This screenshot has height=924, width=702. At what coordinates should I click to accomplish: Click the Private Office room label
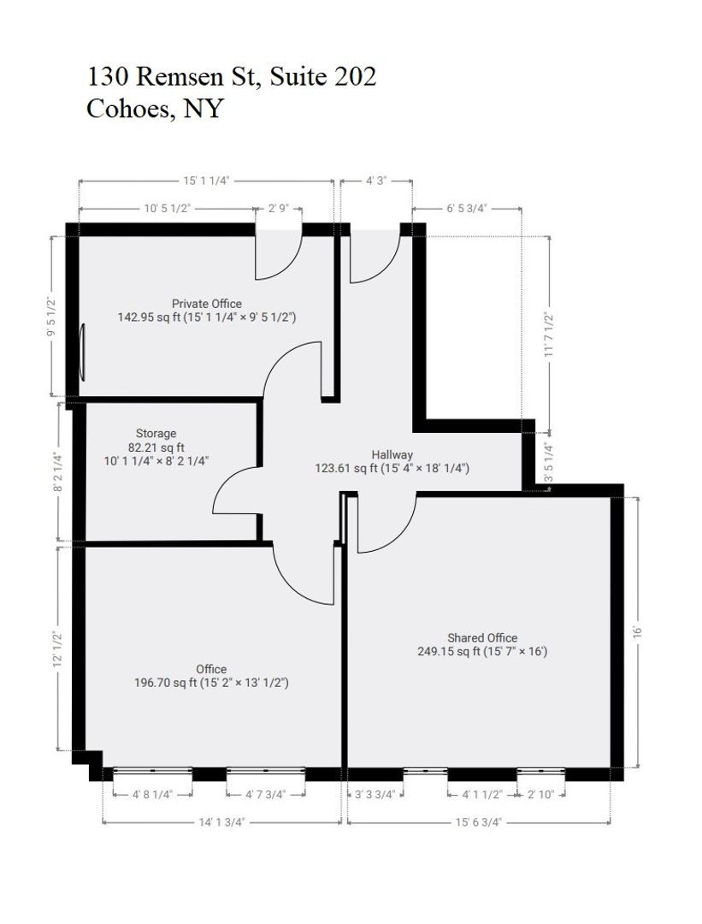pos(207,304)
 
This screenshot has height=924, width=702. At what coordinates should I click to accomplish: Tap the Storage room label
pos(156,433)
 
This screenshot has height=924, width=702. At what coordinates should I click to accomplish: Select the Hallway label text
pos(392,454)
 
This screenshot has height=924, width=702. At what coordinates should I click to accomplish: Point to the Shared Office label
pos(482,637)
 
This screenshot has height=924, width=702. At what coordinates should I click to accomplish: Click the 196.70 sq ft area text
pos(166,683)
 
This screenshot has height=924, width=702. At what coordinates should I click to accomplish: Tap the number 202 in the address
pos(355,77)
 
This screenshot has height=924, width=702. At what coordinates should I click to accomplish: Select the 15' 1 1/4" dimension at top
pos(206,181)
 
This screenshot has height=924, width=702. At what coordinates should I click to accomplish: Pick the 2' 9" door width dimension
pos(279,208)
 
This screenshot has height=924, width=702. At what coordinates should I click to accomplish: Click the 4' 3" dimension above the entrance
pos(375,181)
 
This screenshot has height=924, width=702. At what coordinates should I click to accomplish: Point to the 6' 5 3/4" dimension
pos(466,208)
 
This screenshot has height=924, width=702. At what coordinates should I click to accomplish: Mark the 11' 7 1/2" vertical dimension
pos(549,335)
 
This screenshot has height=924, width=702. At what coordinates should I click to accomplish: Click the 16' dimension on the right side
pos(637,631)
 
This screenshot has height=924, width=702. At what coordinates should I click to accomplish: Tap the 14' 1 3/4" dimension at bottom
pos(221,821)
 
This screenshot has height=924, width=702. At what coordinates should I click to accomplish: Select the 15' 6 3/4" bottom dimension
pos(478,821)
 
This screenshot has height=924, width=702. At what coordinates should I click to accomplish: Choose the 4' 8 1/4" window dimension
pos(152,794)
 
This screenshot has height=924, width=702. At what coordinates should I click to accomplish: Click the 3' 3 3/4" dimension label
pos(375,794)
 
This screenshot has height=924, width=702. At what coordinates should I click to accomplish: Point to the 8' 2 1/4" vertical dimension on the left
pos(57,471)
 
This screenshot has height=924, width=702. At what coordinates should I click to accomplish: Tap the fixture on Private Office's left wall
pos(82,352)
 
